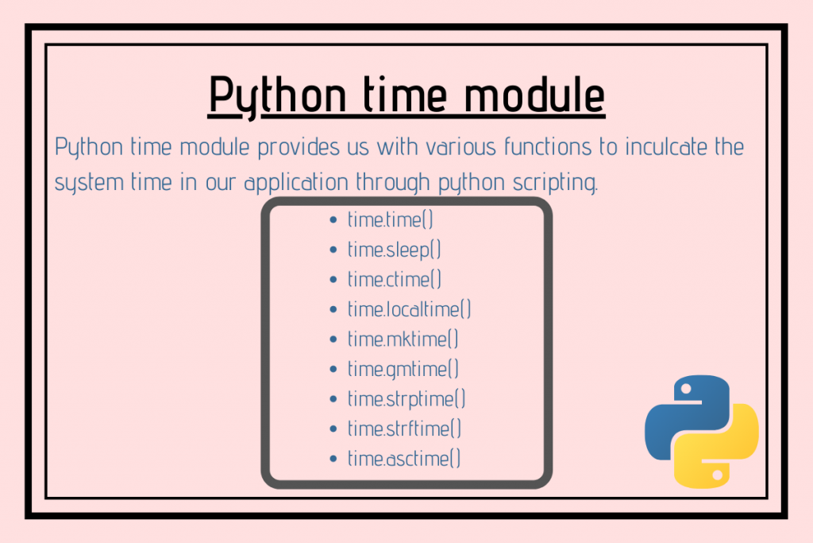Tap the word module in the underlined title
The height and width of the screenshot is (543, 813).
(x=534, y=94)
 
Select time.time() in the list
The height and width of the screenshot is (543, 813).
(x=391, y=219)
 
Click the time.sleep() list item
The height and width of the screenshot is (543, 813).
(x=394, y=250)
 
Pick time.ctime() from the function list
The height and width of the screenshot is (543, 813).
(x=395, y=279)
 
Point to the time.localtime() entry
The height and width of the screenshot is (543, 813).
(x=409, y=309)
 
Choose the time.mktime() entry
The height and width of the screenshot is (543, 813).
(x=403, y=339)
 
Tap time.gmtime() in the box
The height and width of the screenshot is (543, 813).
(x=403, y=369)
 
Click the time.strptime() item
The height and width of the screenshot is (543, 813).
(x=406, y=399)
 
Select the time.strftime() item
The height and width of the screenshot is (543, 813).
(x=404, y=429)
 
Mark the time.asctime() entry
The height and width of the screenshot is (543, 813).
(x=404, y=459)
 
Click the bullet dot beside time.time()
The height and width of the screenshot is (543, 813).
(x=333, y=220)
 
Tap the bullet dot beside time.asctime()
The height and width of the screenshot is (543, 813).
(x=333, y=459)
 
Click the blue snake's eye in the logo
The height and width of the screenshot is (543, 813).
(x=686, y=389)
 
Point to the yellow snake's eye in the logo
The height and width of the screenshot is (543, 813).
(x=718, y=475)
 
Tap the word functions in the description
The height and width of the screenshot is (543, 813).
(x=548, y=146)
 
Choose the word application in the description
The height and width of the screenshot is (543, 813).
(x=296, y=183)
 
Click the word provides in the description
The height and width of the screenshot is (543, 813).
(x=299, y=147)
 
